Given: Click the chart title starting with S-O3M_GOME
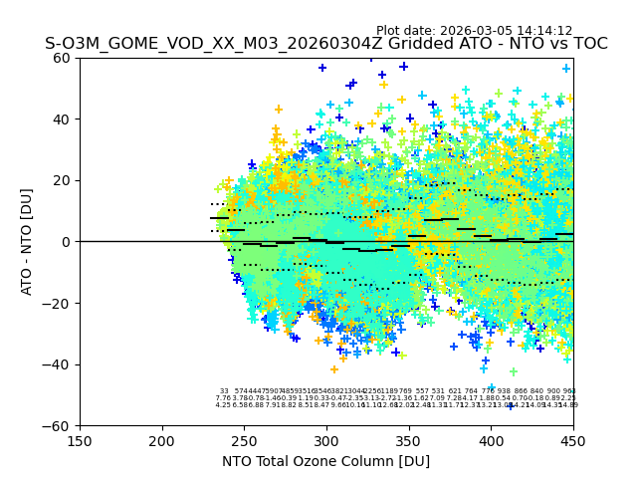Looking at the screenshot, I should coord(325,44).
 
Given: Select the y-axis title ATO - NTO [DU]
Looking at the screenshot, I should coord(27,242).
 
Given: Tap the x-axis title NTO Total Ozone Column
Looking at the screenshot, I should coord(325,461).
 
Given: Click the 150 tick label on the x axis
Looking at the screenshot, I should coord(80,440).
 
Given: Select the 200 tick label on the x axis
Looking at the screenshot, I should coord(162,440).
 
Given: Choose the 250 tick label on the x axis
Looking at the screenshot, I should coord(244,440).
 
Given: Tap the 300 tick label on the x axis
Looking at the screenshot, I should coord(326,440).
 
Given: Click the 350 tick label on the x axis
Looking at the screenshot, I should coord(409,440).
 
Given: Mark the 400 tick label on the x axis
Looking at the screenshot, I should coord(491,440).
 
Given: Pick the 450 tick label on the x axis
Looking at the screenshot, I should coord(573,440).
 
